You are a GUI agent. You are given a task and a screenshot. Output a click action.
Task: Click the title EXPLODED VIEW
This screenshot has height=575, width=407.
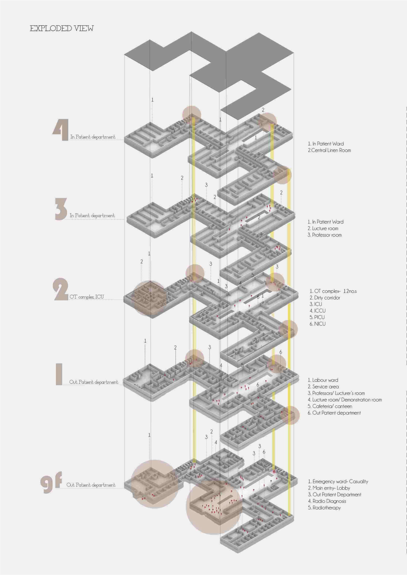(62, 28)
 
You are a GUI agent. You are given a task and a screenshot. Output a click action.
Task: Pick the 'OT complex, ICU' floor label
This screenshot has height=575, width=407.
(86, 297)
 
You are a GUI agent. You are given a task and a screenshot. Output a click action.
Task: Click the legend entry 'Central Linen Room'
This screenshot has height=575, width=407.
(329, 150)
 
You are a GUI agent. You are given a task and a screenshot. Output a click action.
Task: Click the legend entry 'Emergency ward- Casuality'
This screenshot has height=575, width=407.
(338, 481)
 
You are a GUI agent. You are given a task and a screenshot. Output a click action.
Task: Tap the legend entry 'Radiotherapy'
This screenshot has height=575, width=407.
(324, 508)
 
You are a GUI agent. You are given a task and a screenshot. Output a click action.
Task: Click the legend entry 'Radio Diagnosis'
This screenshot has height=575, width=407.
(327, 501)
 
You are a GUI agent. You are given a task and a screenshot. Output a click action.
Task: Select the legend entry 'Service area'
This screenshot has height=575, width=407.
(323, 387)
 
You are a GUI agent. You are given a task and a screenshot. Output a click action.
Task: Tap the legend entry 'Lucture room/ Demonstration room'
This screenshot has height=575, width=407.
(345, 400)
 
